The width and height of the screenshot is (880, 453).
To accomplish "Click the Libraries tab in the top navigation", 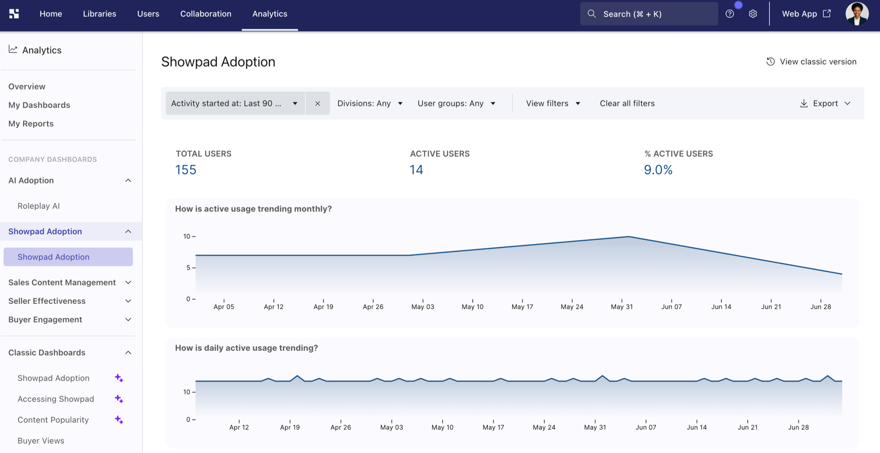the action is click(x=100, y=14).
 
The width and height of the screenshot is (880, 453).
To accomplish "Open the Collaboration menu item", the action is click(x=206, y=14).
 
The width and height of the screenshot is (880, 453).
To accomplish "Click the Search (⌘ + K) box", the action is click(x=648, y=14).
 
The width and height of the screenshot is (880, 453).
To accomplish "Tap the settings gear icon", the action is click(x=752, y=14).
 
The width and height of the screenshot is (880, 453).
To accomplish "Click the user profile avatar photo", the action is click(x=857, y=14).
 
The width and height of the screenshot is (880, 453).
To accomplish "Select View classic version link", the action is click(x=811, y=62).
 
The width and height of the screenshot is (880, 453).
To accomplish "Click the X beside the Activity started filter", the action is click(x=317, y=103).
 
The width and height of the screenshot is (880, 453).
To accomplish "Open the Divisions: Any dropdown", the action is click(x=370, y=103).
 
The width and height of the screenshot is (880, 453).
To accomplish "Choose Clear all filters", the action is click(x=627, y=103).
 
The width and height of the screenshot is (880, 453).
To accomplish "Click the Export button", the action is click(x=825, y=103).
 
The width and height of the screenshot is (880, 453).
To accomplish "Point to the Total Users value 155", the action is click(x=185, y=169).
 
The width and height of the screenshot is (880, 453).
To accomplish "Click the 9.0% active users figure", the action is click(x=658, y=169).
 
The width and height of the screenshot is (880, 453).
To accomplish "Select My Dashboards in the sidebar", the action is click(x=39, y=105).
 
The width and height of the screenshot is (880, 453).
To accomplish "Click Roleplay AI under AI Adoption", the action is click(x=38, y=206).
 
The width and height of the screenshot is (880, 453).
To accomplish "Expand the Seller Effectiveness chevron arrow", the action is click(x=128, y=301).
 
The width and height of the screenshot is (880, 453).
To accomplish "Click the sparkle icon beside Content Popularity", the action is click(x=119, y=419).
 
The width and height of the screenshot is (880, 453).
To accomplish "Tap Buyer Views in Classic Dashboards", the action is click(x=41, y=440).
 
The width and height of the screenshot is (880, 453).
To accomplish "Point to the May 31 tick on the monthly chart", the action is click(x=622, y=301).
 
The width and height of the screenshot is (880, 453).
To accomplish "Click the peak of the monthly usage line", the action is click(x=629, y=236).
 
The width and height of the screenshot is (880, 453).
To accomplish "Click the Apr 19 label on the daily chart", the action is click(x=290, y=427).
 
